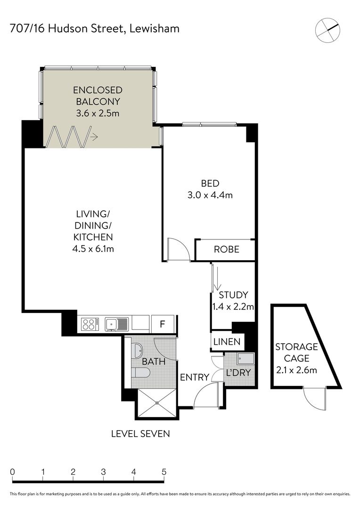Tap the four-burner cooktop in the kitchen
(90, 324)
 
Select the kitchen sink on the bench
(116, 324)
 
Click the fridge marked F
(163, 324)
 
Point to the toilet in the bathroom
(141, 372)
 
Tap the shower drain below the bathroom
(157, 403)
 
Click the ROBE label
(227, 249)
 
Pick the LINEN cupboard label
(227, 342)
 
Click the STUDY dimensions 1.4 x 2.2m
(233, 306)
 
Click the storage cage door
(315, 399)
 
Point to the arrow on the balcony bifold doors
(94, 137)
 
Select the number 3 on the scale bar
(103, 472)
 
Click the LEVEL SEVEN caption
(140, 434)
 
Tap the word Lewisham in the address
(154, 29)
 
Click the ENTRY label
(195, 377)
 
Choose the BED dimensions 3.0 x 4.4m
(210, 195)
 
